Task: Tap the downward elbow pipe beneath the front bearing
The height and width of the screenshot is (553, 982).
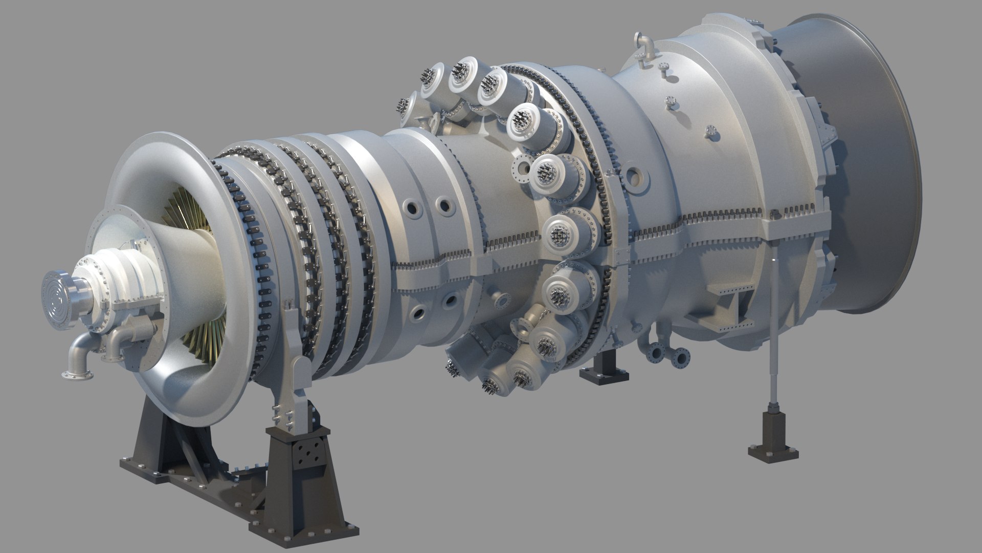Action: point(80,358)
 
